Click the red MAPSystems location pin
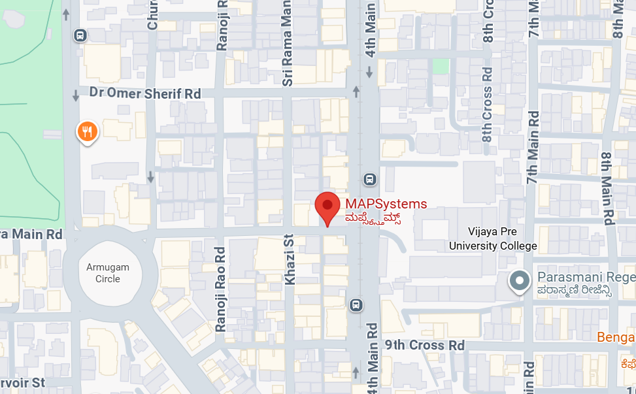tap(327, 206)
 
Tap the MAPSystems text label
tap(386, 205)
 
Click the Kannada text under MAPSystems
tap(373, 218)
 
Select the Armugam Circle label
tap(108, 273)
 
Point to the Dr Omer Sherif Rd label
tap(145, 93)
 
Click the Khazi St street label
tap(289, 259)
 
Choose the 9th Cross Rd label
tap(424, 345)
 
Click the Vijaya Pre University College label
tap(493, 238)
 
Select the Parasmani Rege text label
tap(585, 278)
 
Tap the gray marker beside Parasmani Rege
tap(520, 281)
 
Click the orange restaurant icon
tap(87, 132)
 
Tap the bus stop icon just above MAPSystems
tap(369, 179)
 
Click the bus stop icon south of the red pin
tap(356, 304)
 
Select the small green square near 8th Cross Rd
tap(441, 66)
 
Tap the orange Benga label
tap(616, 337)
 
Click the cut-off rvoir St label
tap(22, 382)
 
